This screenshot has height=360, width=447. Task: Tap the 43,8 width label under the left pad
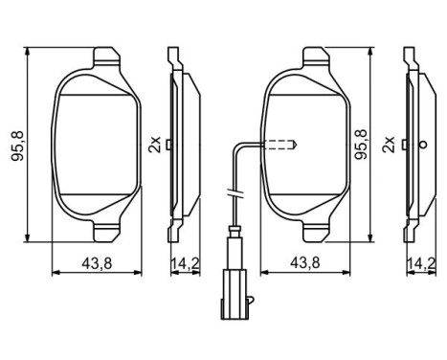(95, 261)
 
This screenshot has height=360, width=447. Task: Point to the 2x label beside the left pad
(155, 145)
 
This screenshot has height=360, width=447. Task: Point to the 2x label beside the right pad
(388, 145)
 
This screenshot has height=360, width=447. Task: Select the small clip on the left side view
(168, 145)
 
